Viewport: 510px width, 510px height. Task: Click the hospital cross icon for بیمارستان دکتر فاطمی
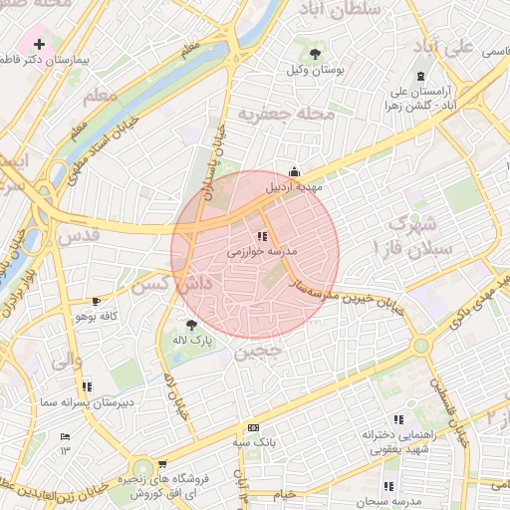39,46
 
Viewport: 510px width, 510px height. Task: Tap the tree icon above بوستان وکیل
315,53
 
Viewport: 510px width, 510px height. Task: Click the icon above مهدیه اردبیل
293,171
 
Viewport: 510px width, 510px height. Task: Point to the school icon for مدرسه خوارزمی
261,237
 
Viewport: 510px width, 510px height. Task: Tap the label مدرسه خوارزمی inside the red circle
257,253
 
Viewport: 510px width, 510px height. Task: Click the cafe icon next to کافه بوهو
96,300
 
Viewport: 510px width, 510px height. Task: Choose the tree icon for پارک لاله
190,324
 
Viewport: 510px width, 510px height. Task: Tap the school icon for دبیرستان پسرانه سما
87,385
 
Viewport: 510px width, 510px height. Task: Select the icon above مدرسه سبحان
387,486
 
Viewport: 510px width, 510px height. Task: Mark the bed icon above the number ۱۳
66,437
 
